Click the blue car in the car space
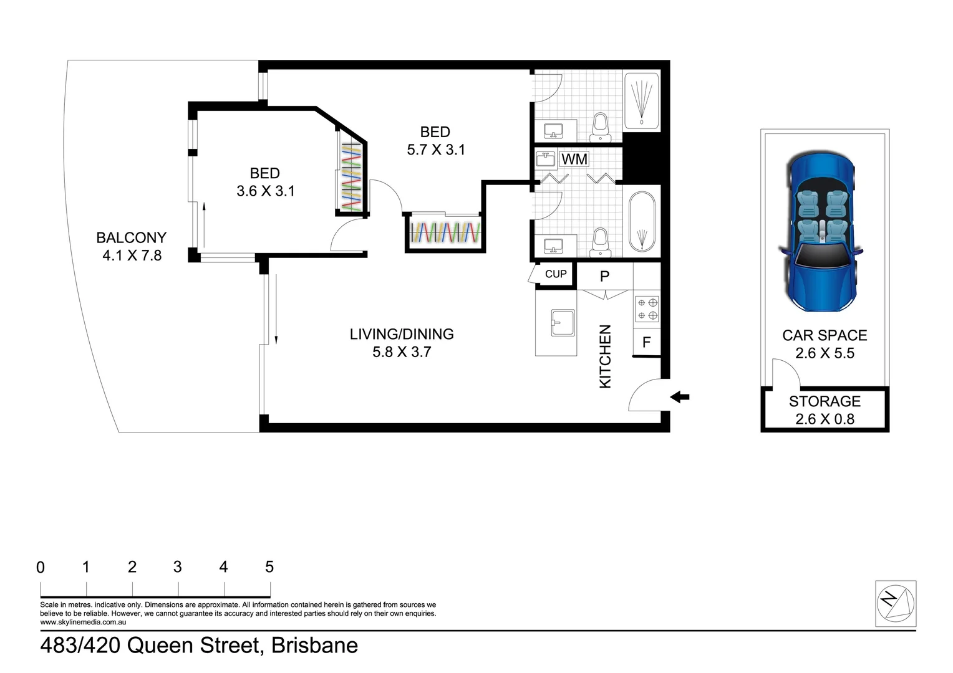click(x=821, y=232)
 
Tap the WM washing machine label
click(x=574, y=159)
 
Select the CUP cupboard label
click(x=556, y=274)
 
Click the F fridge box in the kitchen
click(x=647, y=342)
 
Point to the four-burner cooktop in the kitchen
click(x=647, y=309)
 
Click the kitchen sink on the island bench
click(x=563, y=323)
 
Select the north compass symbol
click(x=896, y=603)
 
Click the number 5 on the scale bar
click(x=269, y=566)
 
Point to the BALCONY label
click(x=132, y=237)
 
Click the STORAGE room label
click(x=825, y=401)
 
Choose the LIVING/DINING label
click(x=402, y=334)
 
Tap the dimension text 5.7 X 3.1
click(x=436, y=150)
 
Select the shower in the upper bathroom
click(x=642, y=101)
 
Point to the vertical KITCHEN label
click(x=605, y=356)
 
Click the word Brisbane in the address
click(x=314, y=646)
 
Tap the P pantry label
click(x=604, y=276)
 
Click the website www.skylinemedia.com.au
click(x=83, y=622)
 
